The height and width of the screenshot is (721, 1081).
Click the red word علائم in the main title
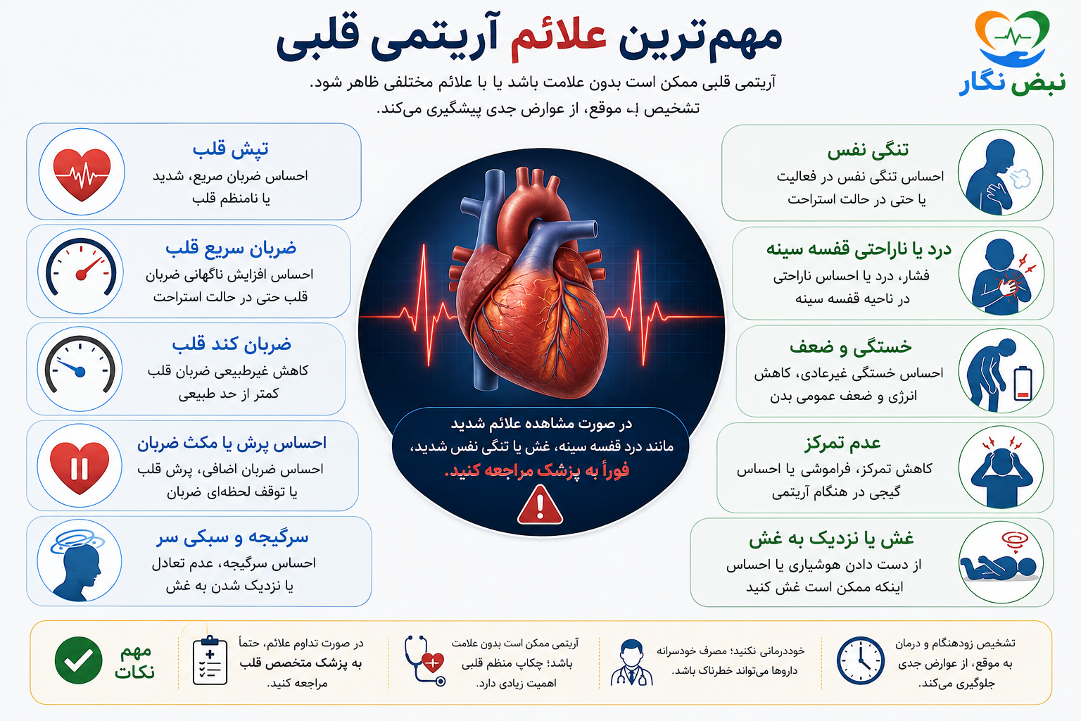coord(558,39)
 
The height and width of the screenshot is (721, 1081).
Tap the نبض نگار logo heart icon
coord(1012,39)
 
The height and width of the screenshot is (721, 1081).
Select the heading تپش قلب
coord(231,149)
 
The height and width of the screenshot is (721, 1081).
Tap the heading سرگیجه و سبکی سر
coord(232,537)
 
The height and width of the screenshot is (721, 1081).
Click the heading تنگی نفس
coord(868,150)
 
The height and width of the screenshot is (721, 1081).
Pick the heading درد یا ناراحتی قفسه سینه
coord(859,249)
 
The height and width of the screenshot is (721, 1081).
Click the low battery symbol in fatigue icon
coord(1023,384)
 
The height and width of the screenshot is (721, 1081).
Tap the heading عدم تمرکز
coord(842,443)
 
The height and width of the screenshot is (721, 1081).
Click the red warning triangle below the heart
coord(540,505)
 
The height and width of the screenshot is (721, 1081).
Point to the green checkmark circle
coord(78,660)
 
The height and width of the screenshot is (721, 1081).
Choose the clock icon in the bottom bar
coord(861,660)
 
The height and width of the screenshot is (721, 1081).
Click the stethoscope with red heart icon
coord(424,660)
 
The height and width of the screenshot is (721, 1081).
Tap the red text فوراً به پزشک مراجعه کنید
coord(537,470)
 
